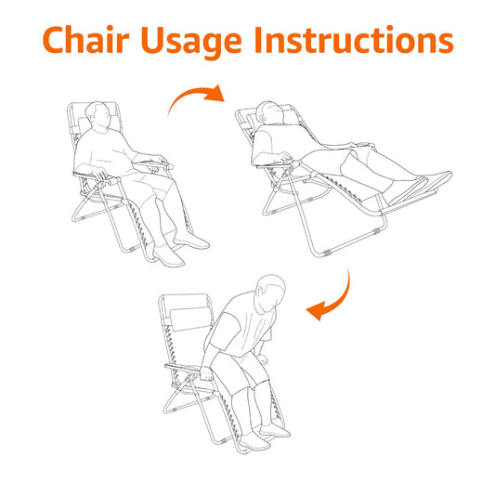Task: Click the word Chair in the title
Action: click(85, 40)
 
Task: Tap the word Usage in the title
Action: click(191, 43)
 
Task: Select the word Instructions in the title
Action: click(354, 40)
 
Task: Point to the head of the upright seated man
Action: click(99, 115)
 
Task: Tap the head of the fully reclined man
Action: click(270, 112)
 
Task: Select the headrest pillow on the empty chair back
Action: click(191, 319)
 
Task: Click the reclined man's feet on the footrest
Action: click(418, 187)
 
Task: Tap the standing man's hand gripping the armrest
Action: click(207, 374)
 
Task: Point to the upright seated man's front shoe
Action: click(168, 255)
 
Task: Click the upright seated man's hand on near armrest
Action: click(100, 174)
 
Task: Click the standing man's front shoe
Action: click(254, 442)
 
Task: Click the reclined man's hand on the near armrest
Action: click(285, 156)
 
